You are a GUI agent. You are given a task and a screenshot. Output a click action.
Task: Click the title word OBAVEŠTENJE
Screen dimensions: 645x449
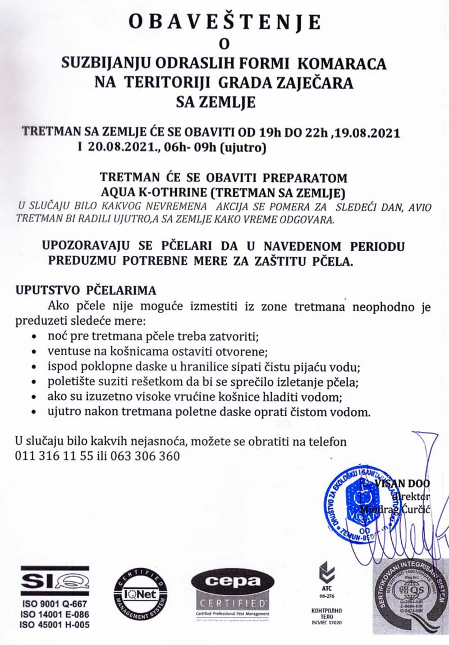point(224,22)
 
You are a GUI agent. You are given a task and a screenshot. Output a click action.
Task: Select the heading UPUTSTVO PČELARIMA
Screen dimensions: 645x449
point(85,292)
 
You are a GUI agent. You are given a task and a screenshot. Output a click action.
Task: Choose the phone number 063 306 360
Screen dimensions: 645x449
point(146,455)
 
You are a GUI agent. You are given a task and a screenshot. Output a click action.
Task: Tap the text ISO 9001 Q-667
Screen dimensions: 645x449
point(54,603)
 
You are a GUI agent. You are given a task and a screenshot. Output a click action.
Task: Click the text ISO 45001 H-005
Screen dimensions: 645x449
point(54,624)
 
